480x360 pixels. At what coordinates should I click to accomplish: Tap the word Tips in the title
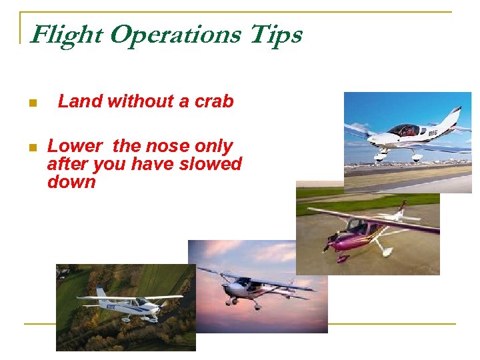(x=277, y=34)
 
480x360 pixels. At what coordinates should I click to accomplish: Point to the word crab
(x=214, y=101)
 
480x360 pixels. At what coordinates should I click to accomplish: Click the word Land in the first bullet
(x=79, y=101)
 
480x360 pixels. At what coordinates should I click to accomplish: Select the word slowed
(x=212, y=164)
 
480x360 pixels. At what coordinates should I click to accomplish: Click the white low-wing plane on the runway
(x=407, y=137)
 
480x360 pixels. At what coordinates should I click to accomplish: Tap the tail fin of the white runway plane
(x=453, y=119)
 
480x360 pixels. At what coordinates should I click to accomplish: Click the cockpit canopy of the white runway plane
(x=403, y=129)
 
